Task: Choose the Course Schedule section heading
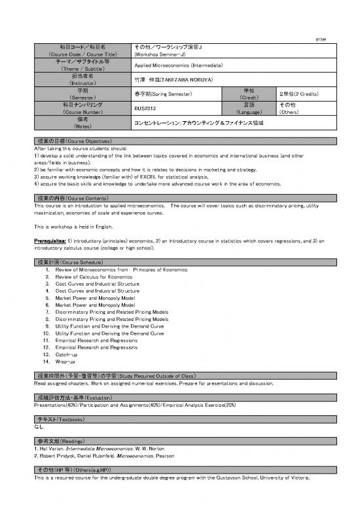[73, 262]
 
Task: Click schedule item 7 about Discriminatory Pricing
[107, 312]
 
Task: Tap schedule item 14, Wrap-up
[65, 361]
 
